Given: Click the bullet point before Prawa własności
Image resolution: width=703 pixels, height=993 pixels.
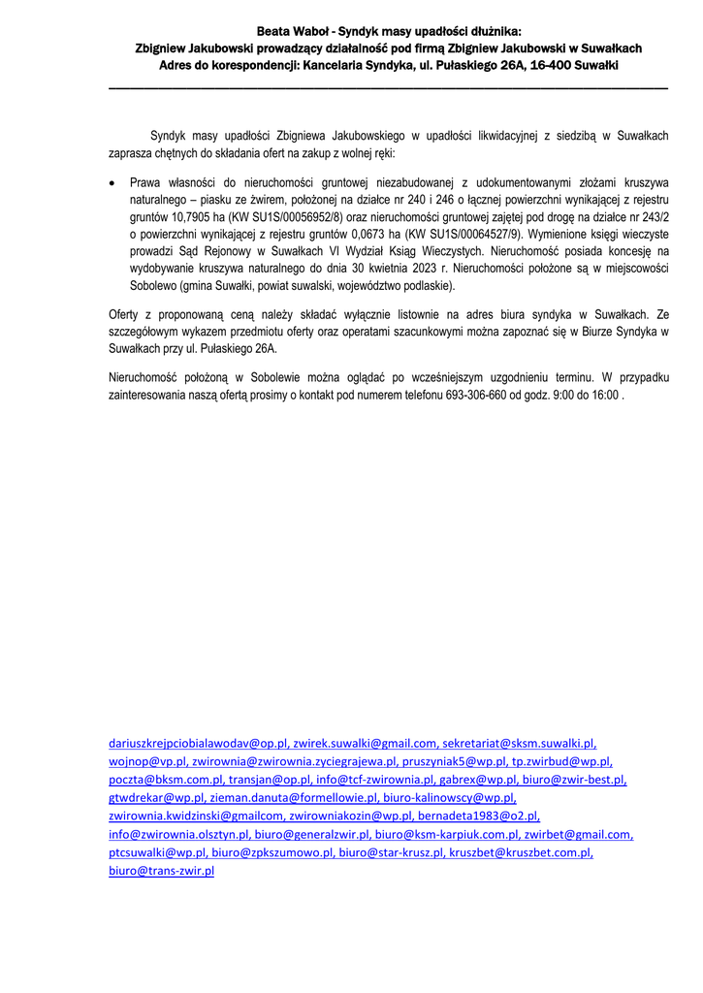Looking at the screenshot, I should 112,181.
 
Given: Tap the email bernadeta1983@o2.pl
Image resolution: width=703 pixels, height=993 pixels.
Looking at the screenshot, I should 478,817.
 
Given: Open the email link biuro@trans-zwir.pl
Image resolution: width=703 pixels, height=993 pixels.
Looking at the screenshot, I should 161,871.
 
